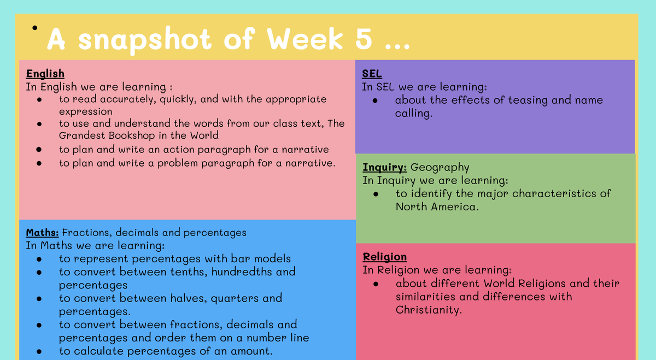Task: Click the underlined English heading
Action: click(x=45, y=74)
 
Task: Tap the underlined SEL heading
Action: click(x=372, y=73)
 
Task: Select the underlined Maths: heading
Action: click(x=42, y=232)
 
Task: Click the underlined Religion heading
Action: click(x=384, y=257)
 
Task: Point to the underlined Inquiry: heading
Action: click(x=384, y=167)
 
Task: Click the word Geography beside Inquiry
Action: click(x=440, y=168)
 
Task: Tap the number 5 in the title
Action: click(x=364, y=39)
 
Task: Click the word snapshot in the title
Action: click(x=145, y=40)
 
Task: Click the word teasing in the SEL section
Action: click(x=528, y=101)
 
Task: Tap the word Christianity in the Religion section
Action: click(x=429, y=310)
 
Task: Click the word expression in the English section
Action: click(x=85, y=112)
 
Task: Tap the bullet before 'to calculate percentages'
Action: click(x=39, y=351)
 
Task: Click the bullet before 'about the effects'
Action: click(x=375, y=101)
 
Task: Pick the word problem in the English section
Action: click(x=178, y=163)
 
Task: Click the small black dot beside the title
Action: click(x=35, y=28)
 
